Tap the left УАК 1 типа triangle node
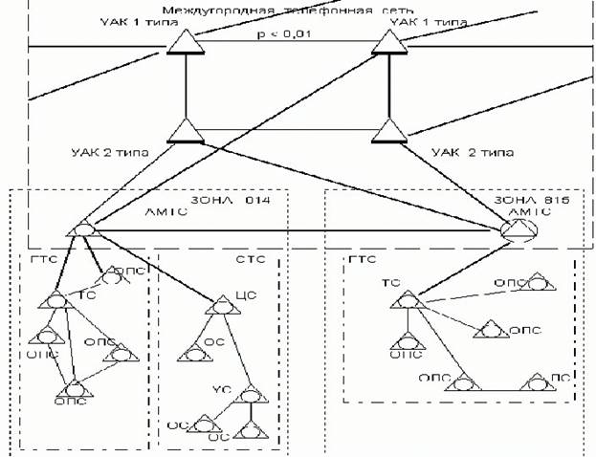click(x=182, y=44)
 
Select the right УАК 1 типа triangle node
click(x=388, y=44)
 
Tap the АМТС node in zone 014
click(x=84, y=229)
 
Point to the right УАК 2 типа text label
click(x=473, y=152)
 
